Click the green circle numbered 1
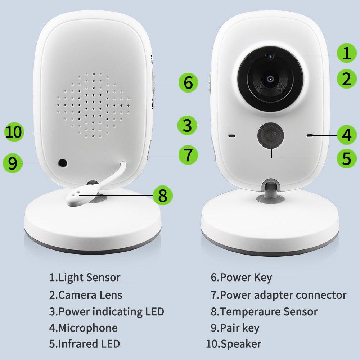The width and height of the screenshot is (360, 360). coord(346,54)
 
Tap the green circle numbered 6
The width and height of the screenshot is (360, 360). coord(188,82)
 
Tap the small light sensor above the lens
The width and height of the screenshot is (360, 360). coord(270,55)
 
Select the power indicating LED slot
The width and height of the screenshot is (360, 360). coord(231,136)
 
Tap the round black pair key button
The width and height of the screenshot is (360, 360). coord(63,163)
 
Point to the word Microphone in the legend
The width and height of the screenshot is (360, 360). coord(87,328)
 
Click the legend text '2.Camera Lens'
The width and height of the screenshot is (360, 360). coord(86,295)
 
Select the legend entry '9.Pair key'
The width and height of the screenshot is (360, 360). coord(235,328)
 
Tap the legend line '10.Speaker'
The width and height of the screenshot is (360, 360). coord(233,344)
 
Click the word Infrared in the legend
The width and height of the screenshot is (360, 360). coord(78,344)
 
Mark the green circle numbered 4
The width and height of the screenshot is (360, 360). coord(346,135)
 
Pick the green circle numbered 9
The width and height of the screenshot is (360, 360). coord(12,163)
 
